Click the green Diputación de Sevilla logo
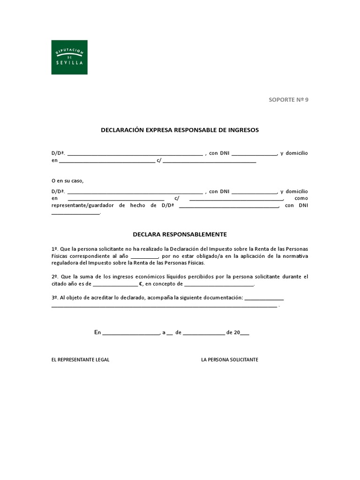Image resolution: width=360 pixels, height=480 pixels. (x=69, y=57)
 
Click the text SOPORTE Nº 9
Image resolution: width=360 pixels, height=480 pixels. (x=288, y=99)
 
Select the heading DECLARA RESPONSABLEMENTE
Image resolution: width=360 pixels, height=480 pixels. (x=180, y=234)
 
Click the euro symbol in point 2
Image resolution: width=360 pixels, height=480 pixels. (x=141, y=284)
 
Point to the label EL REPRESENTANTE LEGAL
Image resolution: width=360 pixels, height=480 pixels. (x=80, y=360)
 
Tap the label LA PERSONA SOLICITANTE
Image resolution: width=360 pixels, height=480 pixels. (x=230, y=360)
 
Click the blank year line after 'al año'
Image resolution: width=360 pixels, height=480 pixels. (x=144, y=257)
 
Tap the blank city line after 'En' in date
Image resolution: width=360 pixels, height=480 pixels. (x=131, y=333)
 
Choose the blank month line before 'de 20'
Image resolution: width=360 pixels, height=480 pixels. (x=203, y=333)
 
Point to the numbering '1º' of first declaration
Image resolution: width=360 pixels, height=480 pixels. (x=54, y=249)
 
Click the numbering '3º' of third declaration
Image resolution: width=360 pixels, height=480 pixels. (x=54, y=298)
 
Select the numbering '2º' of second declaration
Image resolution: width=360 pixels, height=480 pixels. (x=54, y=277)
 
